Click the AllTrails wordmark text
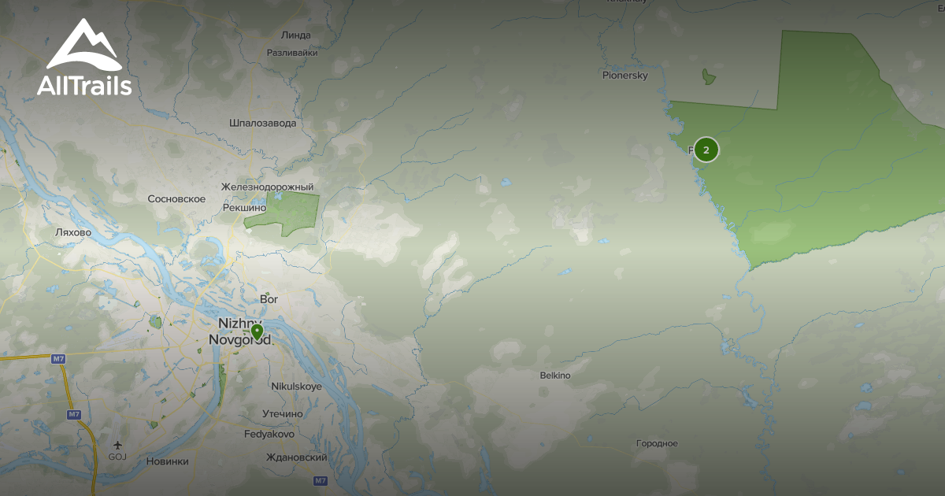[x=84, y=85]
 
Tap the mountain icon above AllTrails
[x=83, y=45]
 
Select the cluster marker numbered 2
[x=706, y=150]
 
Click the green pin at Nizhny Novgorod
[x=256, y=331]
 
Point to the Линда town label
[x=295, y=35]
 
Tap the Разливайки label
[x=292, y=54]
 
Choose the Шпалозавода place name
[x=263, y=124]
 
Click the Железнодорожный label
[x=268, y=187]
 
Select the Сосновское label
[x=176, y=199]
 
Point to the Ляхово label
[x=74, y=233]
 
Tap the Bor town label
[x=269, y=299]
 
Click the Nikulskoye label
[x=296, y=387]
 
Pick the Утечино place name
[x=283, y=414]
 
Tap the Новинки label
[x=168, y=461]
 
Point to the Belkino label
[x=555, y=376]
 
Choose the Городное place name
[x=657, y=444]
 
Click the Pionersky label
[x=624, y=76]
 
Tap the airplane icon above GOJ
[x=117, y=444]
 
